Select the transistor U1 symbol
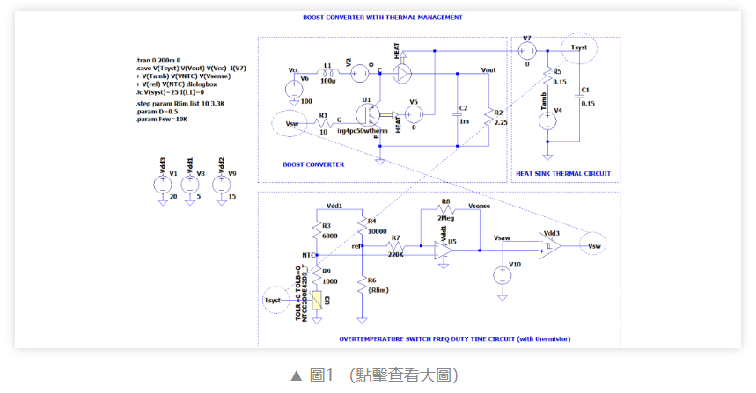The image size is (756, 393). coord(375,115)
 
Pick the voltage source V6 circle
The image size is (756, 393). coord(291,89)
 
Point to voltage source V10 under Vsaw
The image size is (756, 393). coord(503,274)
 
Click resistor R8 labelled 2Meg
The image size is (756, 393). coord(446,212)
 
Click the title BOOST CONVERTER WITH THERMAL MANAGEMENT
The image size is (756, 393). coord(383,18)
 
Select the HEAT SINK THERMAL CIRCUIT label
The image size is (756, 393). coord(563,174)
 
